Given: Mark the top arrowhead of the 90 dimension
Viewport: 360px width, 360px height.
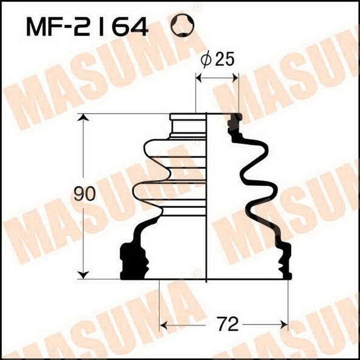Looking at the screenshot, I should [82, 118].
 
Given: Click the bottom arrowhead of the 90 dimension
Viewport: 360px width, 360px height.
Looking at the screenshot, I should [82, 274].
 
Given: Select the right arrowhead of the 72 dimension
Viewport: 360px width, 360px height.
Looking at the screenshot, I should [283, 324].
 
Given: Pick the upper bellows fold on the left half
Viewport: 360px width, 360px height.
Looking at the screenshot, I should [175, 150].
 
